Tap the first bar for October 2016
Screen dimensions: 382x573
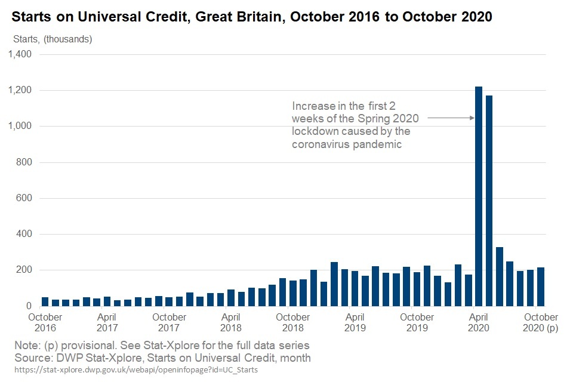click(x=45, y=301)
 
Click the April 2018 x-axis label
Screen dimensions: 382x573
click(x=231, y=322)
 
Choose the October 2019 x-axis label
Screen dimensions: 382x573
click(x=417, y=322)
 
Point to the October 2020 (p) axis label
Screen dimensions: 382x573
click(x=541, y=322)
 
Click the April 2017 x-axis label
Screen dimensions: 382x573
click(x=107, y=322)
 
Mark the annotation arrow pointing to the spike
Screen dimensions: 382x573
click(x=451, y=118)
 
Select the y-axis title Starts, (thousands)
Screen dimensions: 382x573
click(x=53, y=39)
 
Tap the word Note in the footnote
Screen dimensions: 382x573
click(x=26, y=346)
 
